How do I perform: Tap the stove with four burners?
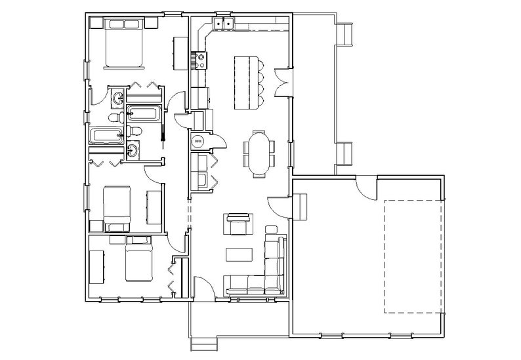click(x=199, y=60)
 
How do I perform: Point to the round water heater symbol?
click(x=198, y=140)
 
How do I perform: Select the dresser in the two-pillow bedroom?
click(x=178, y=53)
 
